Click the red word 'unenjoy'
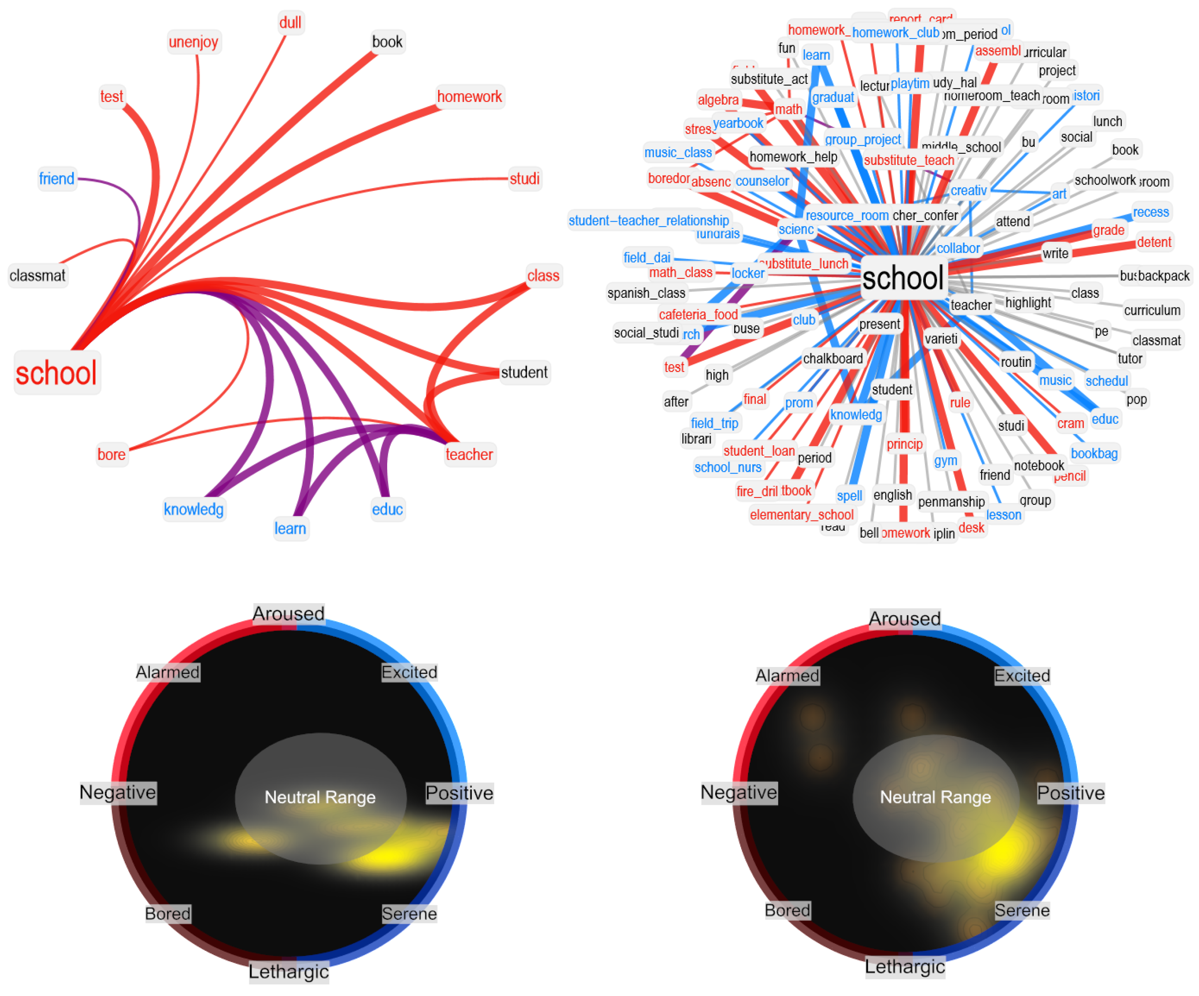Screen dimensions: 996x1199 pos(194,42)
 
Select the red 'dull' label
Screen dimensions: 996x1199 pos(290,23)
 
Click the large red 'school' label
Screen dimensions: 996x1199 pos(56,374)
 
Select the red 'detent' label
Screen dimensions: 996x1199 pos(1154,243)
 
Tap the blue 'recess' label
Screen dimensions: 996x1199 pos(1151,212)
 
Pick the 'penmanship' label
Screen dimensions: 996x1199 pos(951,502)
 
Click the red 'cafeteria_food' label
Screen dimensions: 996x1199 pos(698,314)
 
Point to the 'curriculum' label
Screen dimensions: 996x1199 pos(1152,311)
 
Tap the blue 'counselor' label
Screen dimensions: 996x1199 pos(762,182)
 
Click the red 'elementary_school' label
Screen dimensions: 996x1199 pos(802,515)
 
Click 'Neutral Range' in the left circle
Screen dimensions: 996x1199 pos(320,797)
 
